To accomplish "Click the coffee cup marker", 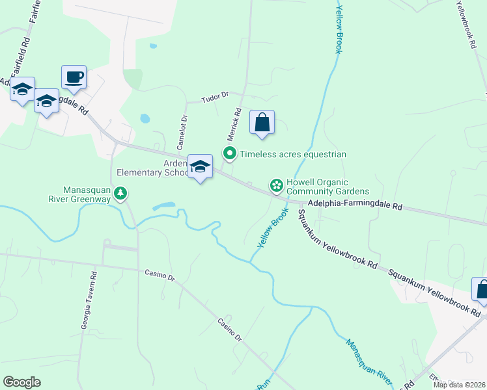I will coord(74,77).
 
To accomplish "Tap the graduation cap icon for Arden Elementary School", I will coord(201,167).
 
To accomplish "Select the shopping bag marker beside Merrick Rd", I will coord(262,122).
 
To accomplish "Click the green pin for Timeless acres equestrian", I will coord(229,154).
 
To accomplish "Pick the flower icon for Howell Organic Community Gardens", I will coord(277,187).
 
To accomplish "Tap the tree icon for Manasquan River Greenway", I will coord(120,193).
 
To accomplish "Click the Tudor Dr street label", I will coord(215,96).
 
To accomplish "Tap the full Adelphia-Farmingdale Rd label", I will coord(355,205).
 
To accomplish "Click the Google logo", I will coord(21,382).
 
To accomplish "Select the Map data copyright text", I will coord(459,385).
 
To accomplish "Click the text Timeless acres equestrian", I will coord(293,154).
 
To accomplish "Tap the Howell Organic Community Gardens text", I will coord(328,187).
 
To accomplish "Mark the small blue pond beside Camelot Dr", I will coord(145,119).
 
